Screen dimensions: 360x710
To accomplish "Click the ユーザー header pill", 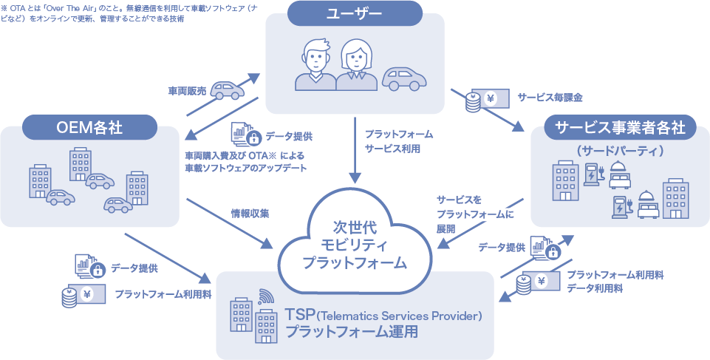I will click(x=355, y=14).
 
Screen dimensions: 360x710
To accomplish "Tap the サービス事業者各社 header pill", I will click(x=620, y=127).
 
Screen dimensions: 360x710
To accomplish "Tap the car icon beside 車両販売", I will click(x=227, y=89).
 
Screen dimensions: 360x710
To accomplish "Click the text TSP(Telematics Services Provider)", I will click(x=383, y=316).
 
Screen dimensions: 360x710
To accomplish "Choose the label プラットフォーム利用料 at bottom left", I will click(x=163, y=293).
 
